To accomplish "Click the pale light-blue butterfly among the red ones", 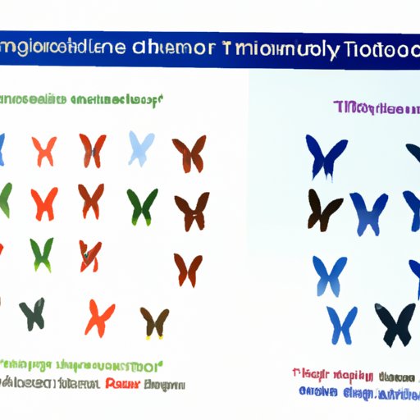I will click(140, 148).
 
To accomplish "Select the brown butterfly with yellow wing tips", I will click(154, 322).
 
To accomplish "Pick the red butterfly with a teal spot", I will click(90, 255).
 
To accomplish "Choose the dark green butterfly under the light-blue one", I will click(142, 206).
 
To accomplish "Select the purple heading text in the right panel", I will click(374, 108).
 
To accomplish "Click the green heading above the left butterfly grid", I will click(82, 102).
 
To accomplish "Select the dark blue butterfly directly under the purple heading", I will click(326, 156).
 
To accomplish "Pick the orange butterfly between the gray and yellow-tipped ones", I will click(99, 317).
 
